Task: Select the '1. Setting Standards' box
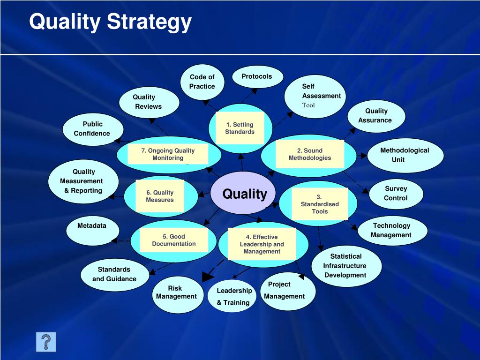coord(240,128)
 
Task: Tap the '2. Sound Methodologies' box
coord(309,154)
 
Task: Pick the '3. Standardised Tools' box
coord(320,204)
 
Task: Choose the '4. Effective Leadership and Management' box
coord(262,244)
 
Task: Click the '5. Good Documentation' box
coord(173,240)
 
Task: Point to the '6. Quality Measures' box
coord(159,196)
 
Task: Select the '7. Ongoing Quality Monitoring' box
coord(168,154)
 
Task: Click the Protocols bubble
coord(257,77)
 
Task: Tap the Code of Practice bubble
coord(202,82)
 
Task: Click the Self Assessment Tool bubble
coord(315,96)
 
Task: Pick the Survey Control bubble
coord(396,193)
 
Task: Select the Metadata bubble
coord(92,230)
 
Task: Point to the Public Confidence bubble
coord(92,129)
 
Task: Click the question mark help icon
coord(46,342)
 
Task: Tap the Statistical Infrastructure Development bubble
coord(346,266)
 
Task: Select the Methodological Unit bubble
coord(405,155)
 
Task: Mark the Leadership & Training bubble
coord(233,296)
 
